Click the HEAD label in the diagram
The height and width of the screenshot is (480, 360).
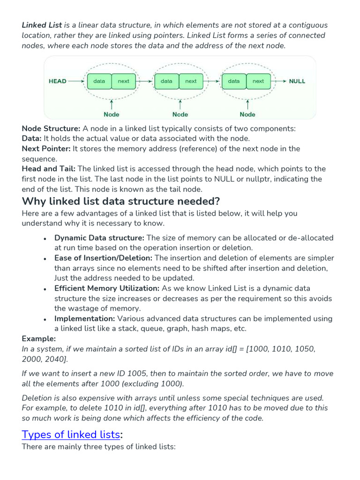(x=58, y=81)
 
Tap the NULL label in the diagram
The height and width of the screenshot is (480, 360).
(x=297, y=81)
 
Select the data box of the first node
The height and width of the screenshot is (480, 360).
(x=99, y=81)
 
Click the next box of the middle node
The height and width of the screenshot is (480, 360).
(x=191, y=81)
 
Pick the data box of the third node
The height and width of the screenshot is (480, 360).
(x=233, y=81)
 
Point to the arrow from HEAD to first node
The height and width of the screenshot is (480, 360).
(x=75, y=81)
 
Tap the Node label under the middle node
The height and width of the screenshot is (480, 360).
(x=180, y=114)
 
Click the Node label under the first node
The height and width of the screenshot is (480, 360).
(x=112, y=114)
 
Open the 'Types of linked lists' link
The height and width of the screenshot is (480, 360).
(x=71, y=434)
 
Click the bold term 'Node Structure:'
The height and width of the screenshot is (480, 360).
(x=51, y=128)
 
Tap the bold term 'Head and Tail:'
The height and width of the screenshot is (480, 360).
(x=49, y=169)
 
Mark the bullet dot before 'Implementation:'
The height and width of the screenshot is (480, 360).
(x=45, y=319)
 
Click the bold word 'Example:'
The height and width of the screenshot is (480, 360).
(x=39, y=338)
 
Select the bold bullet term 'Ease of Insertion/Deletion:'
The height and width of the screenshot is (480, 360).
(x=103, y=258)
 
